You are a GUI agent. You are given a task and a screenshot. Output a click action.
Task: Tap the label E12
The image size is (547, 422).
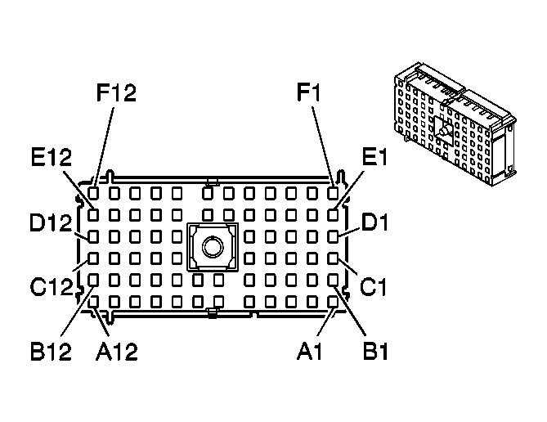tap(52, 158)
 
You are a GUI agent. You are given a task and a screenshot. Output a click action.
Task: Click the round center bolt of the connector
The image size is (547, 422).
tap(212, 245)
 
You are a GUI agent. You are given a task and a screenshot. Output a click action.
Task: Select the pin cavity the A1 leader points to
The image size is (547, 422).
tap(333, 301)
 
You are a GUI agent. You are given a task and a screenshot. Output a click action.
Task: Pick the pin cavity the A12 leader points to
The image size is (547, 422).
tap(94, 301)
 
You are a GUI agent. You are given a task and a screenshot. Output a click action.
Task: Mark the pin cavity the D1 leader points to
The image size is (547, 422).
tap(333, 237)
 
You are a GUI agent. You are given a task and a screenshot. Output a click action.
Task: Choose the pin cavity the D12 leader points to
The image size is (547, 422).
tap(94, 237)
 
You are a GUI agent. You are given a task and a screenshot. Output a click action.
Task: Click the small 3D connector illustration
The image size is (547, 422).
tap(451, 127)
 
